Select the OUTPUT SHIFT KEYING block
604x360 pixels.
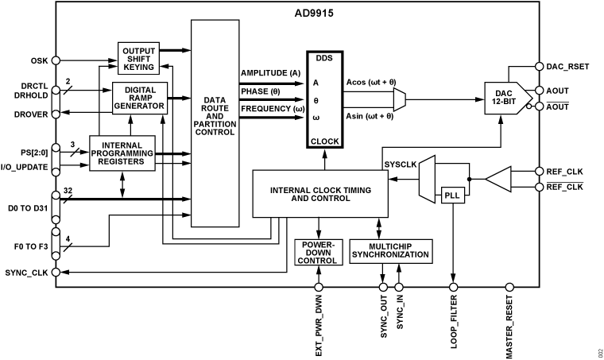(x=139, y=57)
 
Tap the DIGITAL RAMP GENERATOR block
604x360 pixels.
(x=139, y=98)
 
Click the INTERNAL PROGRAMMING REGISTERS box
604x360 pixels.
(x=122, y=153)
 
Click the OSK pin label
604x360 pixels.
(x=39, y=59)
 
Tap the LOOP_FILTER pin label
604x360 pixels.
(x=455, y=326)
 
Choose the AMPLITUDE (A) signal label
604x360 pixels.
(x=271, y=72)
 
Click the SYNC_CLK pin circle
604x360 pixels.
(x=56, y=272)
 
